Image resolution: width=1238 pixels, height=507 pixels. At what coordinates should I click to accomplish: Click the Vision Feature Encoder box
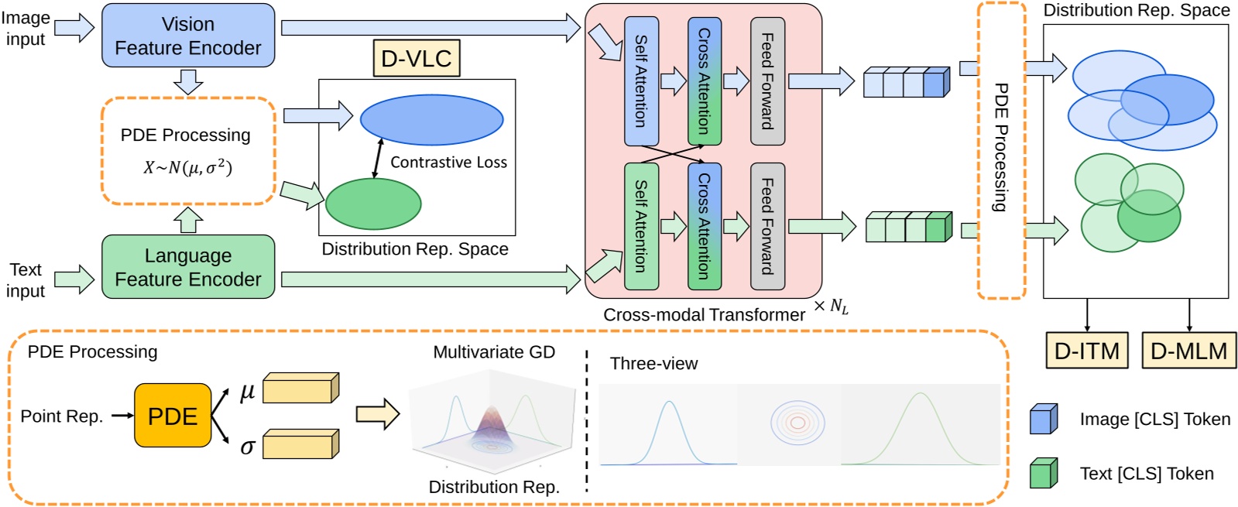(x=188, y=36)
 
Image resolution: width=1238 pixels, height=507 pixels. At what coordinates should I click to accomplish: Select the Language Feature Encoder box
(x=188, y=267)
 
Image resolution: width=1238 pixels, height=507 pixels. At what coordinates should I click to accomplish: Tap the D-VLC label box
(x=417, y=58)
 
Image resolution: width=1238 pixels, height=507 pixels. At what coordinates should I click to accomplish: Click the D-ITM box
(x=1087, y=351)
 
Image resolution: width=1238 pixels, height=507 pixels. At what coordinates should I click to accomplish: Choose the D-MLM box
(x=1188, y=351)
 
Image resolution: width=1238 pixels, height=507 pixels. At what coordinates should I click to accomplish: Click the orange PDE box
(x=173, y=416)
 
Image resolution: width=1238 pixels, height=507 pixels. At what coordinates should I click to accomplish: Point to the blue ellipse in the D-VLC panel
(x=431, y=120)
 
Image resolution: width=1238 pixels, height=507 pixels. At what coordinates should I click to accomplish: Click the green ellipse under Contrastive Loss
(x=373, y=204)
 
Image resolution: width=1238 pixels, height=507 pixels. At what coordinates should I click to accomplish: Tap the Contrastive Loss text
(x=448, y=163)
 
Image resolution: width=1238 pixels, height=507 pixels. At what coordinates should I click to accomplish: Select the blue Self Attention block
(x=641, y=81)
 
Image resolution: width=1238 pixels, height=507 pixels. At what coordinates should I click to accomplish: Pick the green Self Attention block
(x=641, y=226)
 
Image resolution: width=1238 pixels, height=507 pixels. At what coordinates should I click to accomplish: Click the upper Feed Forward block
(x=767, y=81)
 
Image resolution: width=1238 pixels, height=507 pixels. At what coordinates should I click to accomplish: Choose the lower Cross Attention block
(x=704, y=226)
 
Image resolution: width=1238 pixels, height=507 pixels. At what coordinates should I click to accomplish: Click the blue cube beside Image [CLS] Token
(x=1043, y=419)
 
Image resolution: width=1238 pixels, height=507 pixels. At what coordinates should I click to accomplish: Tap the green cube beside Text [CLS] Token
(x=1043, y=473)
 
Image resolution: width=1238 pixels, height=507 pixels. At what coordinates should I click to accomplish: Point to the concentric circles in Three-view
(x=797, y=423)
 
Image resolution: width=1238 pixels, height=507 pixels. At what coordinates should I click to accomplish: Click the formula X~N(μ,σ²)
(x=188, y=167)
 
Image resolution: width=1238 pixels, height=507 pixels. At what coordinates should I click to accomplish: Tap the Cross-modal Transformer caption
(x=704, y=315)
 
